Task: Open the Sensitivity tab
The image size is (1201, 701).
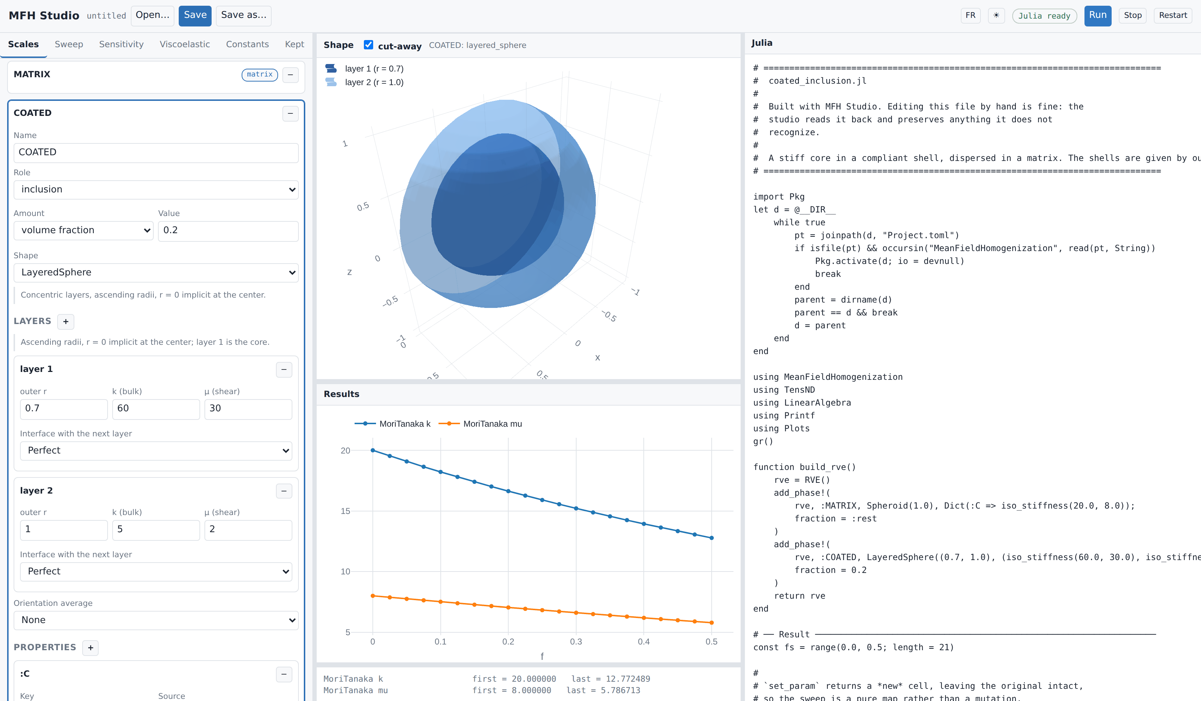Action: pyautogui.click(x=121, y=44)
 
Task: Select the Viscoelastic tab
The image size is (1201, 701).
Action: pyautogui.click(x=184, y=44)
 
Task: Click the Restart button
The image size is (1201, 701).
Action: pyautogui.click(x=1172, y=16)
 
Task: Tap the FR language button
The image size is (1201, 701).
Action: pyautogui.click(x=970, y=16)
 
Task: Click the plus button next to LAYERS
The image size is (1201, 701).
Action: pyautogui.click(x=66, y=322)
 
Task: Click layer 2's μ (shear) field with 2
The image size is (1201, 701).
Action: pyautogui.click(x=248, y=530)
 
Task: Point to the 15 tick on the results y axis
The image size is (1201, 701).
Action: pyautogui.click(x=346, y=511)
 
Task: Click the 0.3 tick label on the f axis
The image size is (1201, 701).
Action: pyautogui.click(x=576, y=642)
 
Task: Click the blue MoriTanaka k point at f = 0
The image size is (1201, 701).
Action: pyautogui.click(x=373, y=451)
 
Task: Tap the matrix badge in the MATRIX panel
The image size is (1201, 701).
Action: pyautogui.click(x=260, y=75)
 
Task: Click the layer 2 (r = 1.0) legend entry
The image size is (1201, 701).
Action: pyautogui.click(x=365, y=83)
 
